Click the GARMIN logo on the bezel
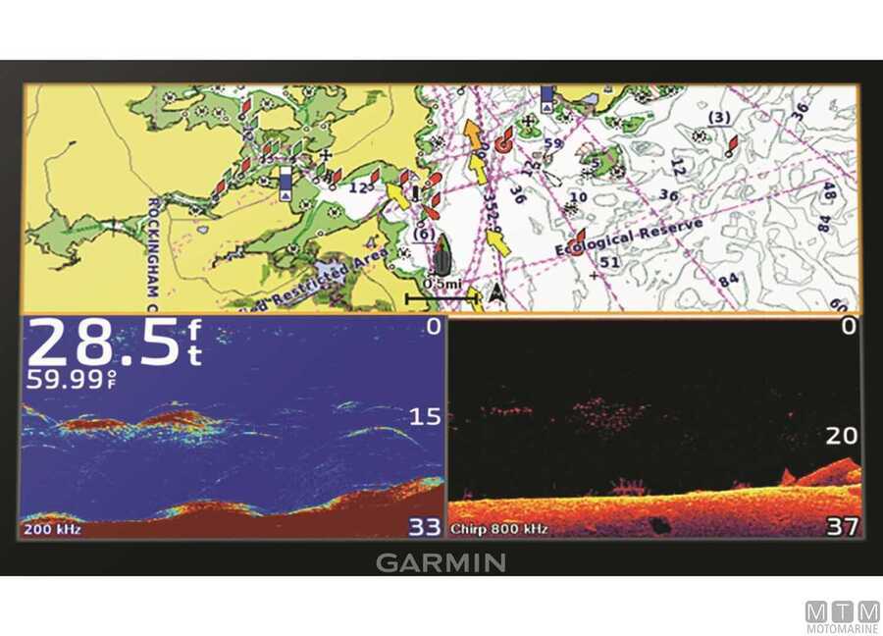point(441,563)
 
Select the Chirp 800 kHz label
point(499,530)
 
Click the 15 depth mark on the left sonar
point(425,417)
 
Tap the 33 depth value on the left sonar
point(425,527)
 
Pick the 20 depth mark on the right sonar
point(842,436)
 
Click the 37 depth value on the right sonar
point(843,527)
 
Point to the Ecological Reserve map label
point(629,237)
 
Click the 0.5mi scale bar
point(442,291)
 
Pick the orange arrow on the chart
point(473,134)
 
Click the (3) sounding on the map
point(719,119)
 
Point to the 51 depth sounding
point(609,262)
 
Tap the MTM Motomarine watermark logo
point(842,616)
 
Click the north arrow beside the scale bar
point(496,292)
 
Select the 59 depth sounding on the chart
point(552,143)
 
